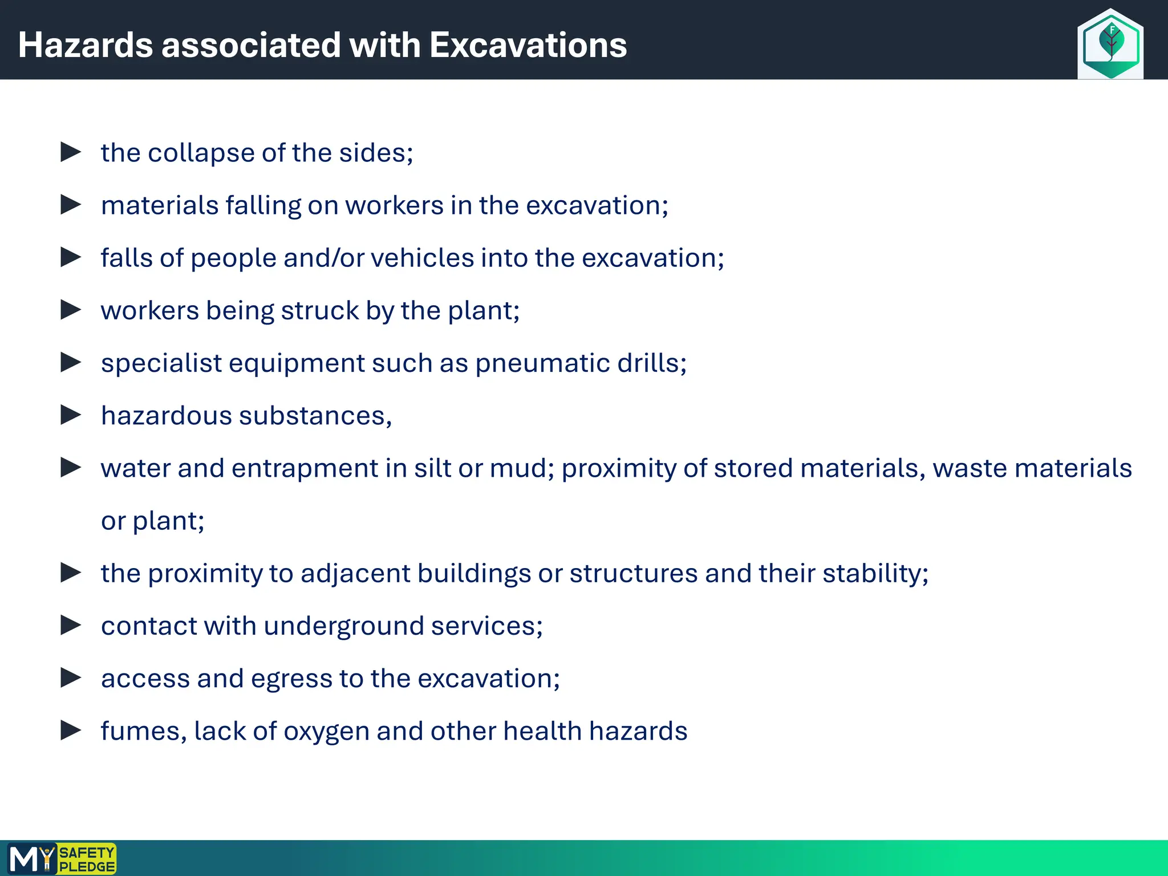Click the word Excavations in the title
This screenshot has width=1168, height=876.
528,45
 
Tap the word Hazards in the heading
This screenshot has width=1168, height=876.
86,45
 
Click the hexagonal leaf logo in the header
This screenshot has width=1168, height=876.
1110,44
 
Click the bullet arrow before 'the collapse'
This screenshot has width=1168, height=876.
71,152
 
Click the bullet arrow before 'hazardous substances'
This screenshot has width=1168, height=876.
71,415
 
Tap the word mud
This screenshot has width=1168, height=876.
521,469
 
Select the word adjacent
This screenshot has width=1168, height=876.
355,574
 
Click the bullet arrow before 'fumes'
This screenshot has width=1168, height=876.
71,730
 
